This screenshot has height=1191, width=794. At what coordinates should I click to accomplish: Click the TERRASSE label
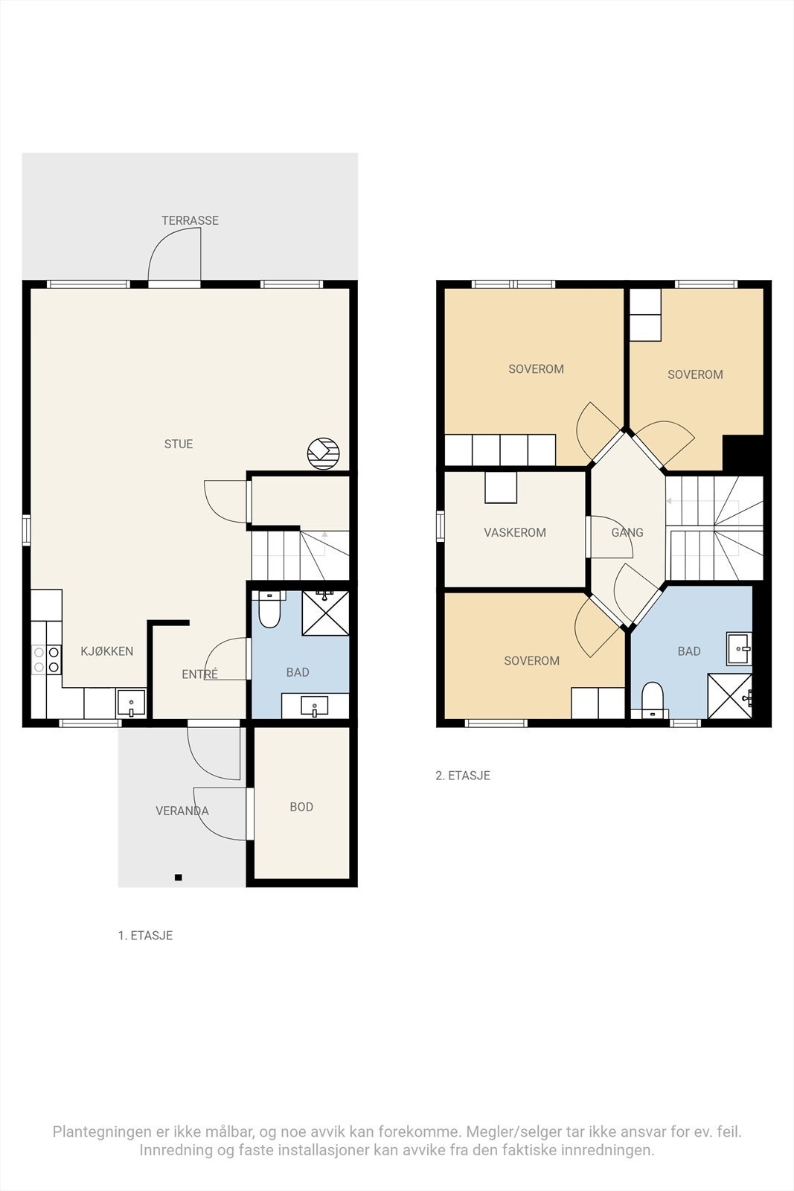pos(190,220)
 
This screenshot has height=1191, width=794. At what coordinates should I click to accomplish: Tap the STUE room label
pos(179,444)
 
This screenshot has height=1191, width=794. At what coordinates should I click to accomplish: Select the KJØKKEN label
pos(107,651)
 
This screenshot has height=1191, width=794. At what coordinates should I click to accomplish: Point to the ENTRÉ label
pos(200,674)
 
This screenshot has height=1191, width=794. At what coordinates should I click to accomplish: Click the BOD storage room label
pos(301,807)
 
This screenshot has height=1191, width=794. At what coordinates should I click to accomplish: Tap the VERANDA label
pos(182,811)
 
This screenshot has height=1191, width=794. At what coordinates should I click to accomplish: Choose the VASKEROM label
pos(515,532)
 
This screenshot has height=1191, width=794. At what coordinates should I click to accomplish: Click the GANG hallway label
pos(627,532)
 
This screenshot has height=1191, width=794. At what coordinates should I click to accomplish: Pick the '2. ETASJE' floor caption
pos(463,775)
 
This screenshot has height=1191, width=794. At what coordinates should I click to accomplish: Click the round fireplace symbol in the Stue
pos(323,453)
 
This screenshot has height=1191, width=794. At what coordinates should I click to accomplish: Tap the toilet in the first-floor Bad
pos(269,610)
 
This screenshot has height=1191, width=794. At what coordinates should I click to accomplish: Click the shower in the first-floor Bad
pos(325,613)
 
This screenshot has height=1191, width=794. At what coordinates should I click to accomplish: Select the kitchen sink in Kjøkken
pos(131,703)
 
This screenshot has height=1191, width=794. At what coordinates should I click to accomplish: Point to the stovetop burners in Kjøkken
pos(46,660)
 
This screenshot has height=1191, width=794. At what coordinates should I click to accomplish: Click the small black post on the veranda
pos(179,878)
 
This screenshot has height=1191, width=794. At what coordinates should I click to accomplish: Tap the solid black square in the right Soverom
pos(743,452)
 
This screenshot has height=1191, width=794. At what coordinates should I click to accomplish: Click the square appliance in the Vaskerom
pos(501,487)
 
